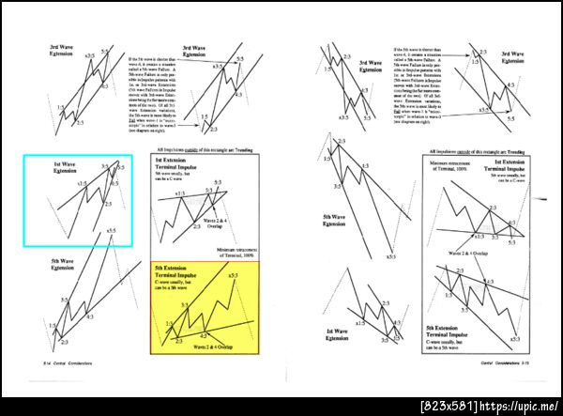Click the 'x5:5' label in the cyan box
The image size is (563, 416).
[112, 229]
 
